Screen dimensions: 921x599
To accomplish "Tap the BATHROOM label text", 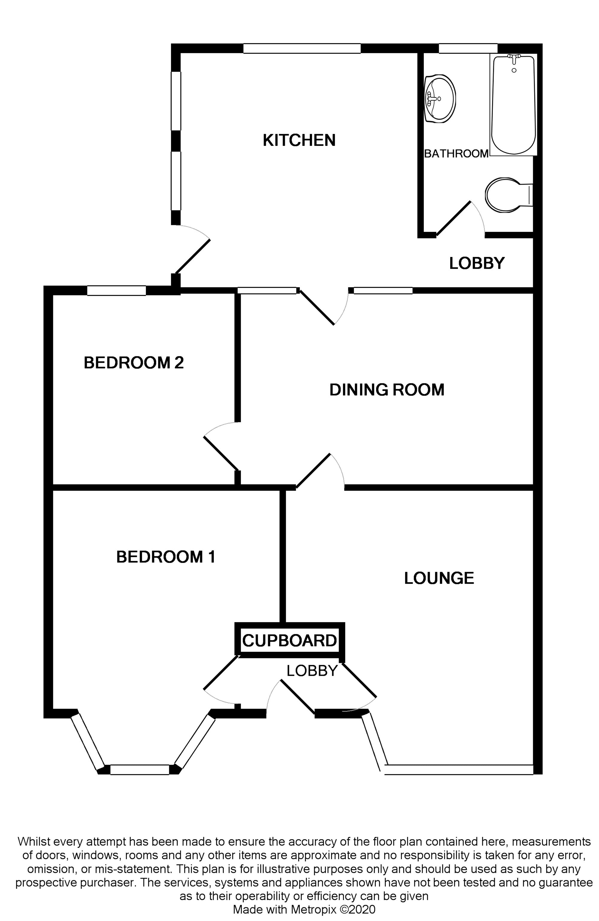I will (456, 154).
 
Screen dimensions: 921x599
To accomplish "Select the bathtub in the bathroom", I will (513, 105).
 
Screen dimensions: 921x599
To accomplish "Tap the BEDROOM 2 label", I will (134, 363).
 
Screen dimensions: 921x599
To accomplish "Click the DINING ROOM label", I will (387, 389).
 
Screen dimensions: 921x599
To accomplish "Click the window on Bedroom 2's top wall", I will (116, 291).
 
